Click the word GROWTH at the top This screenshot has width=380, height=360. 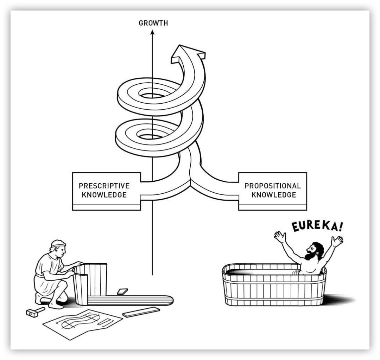click(x=153, y=23)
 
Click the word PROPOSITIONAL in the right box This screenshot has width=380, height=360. click(x=273, y=186)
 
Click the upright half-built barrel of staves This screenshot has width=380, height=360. click(x=90, y=281)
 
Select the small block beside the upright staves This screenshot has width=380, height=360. click(x=122, y=291)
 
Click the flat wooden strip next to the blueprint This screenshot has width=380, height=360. click(x=141, y=312)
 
